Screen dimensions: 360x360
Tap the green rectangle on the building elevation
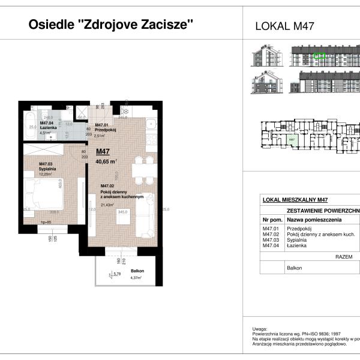click(x=320, y=56)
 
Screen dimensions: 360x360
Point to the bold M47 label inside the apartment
click(x=103, y=152)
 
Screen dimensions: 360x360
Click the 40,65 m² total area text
click(x=106, y=161)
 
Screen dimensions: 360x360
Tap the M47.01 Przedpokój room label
click(x=105, y=127)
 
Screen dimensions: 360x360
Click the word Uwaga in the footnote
click(x=259, y=329)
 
